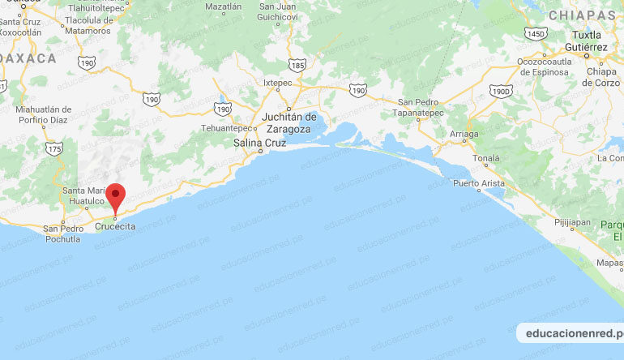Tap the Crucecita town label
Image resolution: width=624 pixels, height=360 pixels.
(115, 226)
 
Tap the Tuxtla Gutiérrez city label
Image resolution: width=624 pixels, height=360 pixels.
(590, 42)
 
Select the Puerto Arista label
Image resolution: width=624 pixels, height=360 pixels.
(480, 182)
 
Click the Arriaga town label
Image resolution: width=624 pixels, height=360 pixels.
(463, 134)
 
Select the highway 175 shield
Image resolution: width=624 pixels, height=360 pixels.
(54, 149)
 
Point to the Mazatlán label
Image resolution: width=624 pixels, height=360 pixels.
(224, 6)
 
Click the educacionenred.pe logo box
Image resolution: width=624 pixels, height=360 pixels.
(571, 333)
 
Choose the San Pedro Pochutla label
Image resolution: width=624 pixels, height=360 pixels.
(63, 233)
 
